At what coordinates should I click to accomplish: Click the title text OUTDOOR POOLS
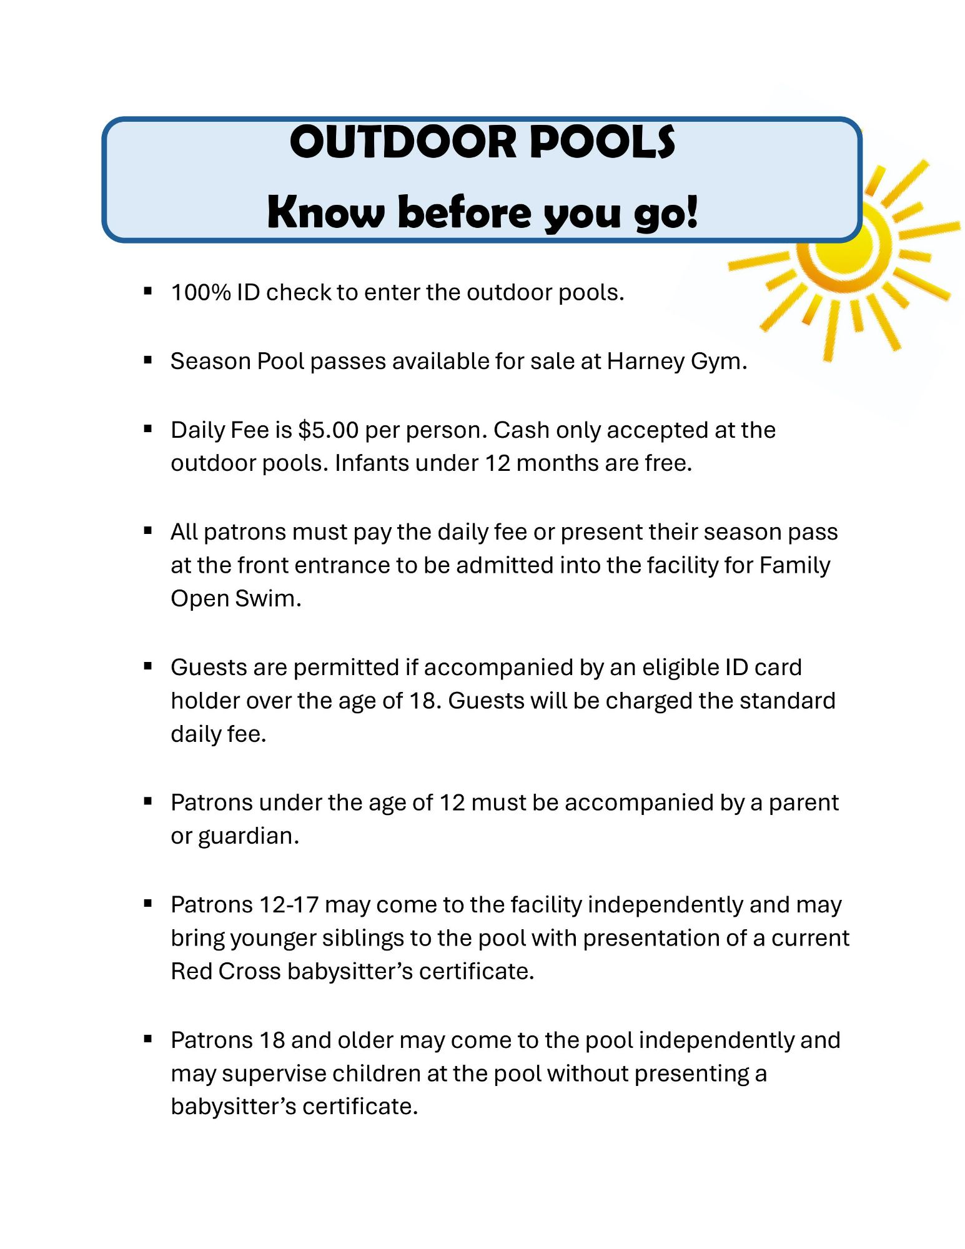[x=482, y=142]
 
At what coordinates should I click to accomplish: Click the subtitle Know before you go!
[x=482, y=213]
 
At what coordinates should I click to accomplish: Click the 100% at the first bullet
[x=200, y=292]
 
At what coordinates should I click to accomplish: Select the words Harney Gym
[x=676, y=362]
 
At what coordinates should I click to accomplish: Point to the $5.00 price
[x=328, y=430]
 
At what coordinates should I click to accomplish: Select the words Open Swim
[x=235, y=598]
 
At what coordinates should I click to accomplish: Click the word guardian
[x=248, y=836]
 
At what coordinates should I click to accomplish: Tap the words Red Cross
[x=225, y=972]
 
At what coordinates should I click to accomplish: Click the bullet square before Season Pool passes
[x=148, y=360]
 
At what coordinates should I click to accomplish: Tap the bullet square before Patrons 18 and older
[x=148, y=1039]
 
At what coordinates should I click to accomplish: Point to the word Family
[x=794, y=565]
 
